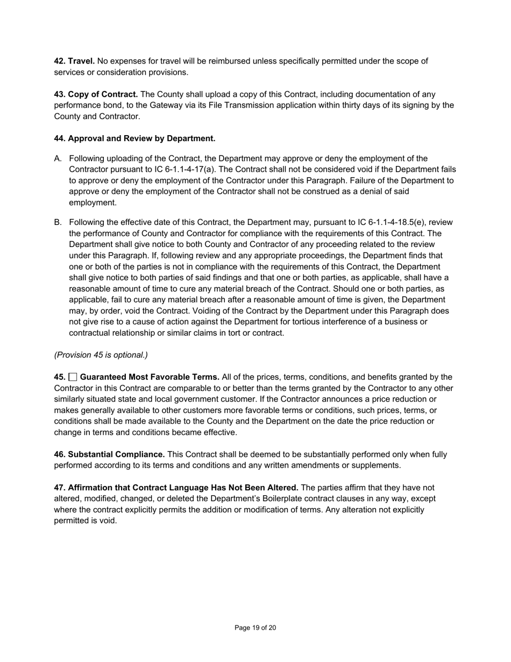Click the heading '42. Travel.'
[74, 61]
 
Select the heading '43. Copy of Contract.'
[96, 94]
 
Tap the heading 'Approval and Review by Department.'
[141, 138]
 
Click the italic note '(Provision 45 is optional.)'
[101, 355]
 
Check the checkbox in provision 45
[73, 377]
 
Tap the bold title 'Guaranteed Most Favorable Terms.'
[150, 377]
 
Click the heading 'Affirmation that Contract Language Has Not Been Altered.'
[183, 488]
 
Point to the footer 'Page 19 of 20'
[255, 628]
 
